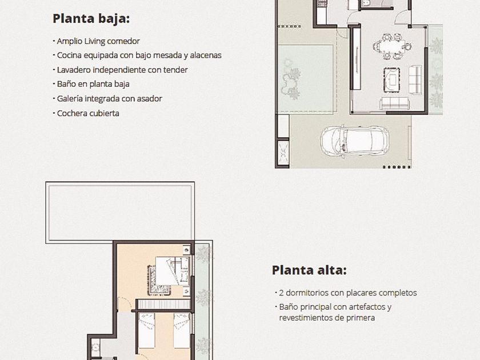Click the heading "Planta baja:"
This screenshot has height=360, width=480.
click(91, 19)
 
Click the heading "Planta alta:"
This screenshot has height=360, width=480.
click(309, 270)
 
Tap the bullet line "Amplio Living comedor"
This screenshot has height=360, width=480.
click(98, 41)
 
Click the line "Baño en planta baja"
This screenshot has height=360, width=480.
click(93, 84)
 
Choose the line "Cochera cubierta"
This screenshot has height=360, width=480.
click(88, 113)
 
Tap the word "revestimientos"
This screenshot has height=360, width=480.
click(306, 318)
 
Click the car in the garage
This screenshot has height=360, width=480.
click(355, 141)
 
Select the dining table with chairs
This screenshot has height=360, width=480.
click(393, 46)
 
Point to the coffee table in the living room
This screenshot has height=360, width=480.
click(392, 79)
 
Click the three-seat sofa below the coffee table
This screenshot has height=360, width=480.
click(395, 103)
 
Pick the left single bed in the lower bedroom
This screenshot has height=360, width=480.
click(147, 331)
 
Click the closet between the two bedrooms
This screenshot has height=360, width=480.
click(164, 304)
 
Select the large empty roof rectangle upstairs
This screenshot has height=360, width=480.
click(120, 213)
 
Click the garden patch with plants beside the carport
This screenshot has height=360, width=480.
click(307, 79)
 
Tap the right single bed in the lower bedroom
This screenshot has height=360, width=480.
click(182, 331)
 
